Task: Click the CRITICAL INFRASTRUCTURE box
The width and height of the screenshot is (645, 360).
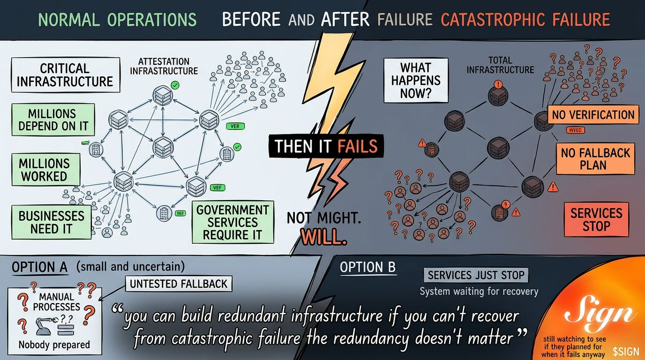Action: pyautogui.click(x=65, y=75)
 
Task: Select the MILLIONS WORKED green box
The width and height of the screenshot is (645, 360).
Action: pyautogui.click(x=44, y=170)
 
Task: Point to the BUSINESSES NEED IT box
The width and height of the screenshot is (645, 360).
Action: pyautogui.click(x=51, y=222)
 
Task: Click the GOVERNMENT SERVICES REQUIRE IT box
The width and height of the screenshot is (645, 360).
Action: pyautogui.click(x=232, y=222)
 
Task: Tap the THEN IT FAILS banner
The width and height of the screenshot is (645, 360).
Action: pyautogui.click(x=326, y=146)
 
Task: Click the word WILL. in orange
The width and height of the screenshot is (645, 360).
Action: pyautogui.click(x=323, y=237)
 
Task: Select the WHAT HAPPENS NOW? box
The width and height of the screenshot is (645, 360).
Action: pyautogui.click(x=416, y=80)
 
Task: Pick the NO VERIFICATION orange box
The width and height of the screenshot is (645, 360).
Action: pyautogui.click(x=592, y=115)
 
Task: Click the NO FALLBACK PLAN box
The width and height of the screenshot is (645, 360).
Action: pyautogui.click(x=595, y=158)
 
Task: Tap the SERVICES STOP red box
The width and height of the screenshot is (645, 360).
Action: pyautogui.click(x=596, y=219)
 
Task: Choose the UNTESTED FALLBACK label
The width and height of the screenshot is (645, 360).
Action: pyautogui.click(x=178, y=284)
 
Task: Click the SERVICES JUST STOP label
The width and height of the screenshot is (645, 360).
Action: pyautogui.click(x=476, y=275)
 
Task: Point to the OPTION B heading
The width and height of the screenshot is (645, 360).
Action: pyautogui.click(x=367, y=268)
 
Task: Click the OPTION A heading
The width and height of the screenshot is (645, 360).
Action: pyautogui.click(x=39, y=267)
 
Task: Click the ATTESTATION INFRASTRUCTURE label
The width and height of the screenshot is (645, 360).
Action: pyautogui.click(x=164, y=66)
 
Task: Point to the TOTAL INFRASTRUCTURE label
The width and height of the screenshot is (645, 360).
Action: pyautogui.click(x=500, y=65)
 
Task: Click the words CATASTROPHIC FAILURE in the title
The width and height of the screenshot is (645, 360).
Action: pyautogui.click(x=525, y=20)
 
